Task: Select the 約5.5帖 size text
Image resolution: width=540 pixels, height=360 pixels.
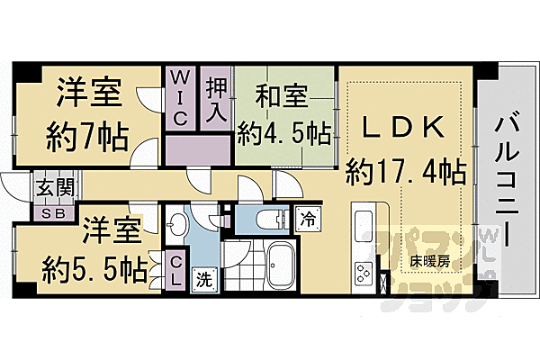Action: coord(94,268)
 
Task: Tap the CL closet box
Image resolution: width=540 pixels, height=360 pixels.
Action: coord(176,270)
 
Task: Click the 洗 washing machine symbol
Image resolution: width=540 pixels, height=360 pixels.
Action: coord(204,278)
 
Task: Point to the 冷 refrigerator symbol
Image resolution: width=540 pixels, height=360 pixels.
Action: coord(307,219)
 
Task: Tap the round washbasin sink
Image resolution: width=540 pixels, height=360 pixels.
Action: coord(177,225)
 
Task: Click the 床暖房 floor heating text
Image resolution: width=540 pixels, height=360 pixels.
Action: coord(430,263)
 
